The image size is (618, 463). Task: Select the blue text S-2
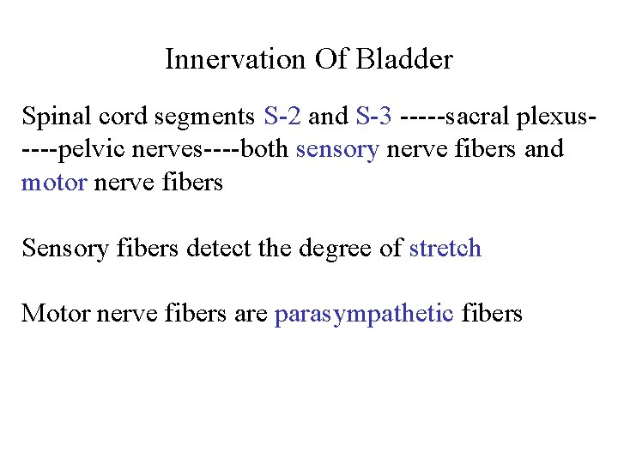(x=282, y=115)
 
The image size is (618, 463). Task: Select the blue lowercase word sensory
(x=337, y=149)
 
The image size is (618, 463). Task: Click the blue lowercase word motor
(x=53, y=182)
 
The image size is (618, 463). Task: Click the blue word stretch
(x=445, y=248)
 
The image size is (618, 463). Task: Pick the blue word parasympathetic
(x=363, y=314)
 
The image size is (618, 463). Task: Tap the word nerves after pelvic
(x=168, y=148)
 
